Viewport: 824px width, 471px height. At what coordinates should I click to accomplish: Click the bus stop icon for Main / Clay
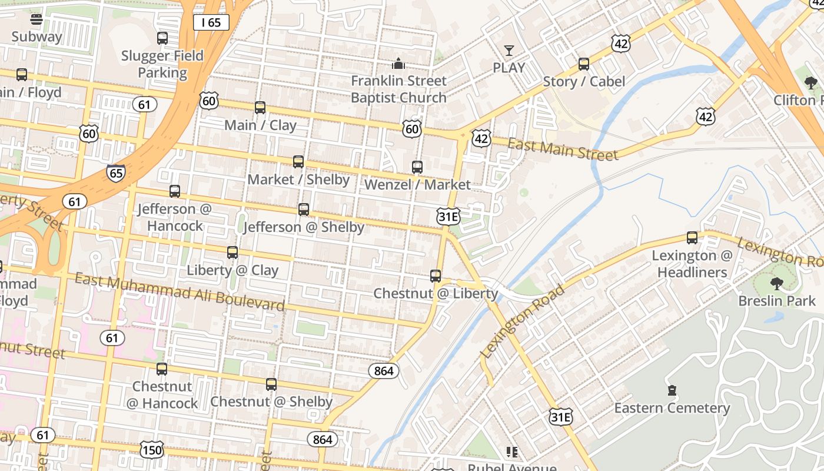tap(260, 108)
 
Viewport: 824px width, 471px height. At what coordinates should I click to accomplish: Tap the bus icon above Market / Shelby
tap(298, 162)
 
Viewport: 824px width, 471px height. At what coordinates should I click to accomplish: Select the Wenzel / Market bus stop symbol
tap(417, 167)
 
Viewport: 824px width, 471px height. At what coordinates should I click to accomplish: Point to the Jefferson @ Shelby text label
tap(304, 227)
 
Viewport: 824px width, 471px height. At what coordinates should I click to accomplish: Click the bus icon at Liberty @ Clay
tap(232, 253)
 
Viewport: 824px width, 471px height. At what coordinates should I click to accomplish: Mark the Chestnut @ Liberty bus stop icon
tap(436, 276)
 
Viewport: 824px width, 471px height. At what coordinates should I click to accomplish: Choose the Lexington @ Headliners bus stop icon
tap(692, 238)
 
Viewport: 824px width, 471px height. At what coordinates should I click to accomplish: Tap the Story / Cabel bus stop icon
tap(584, 64)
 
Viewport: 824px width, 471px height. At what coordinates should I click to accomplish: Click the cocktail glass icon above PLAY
tap(509, 51)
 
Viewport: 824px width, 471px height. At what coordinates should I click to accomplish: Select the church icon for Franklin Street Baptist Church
tap(398, 63)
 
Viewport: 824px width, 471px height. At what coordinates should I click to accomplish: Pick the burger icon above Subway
tap(36, 19)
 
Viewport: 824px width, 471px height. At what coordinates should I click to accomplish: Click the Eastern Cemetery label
tap(672, 408)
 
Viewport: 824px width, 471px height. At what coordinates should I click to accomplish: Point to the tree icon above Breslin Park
tap(777, 284)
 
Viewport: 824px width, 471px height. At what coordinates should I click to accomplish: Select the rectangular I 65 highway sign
tap(211, 23)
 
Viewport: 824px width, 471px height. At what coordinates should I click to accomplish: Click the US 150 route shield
tap(152, 450)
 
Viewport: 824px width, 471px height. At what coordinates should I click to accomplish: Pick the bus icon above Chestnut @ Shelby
tap(271, 384)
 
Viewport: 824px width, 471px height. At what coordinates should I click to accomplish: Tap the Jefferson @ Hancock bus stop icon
tap(175, 191)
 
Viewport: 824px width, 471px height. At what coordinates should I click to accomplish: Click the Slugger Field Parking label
tap(162, 64)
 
